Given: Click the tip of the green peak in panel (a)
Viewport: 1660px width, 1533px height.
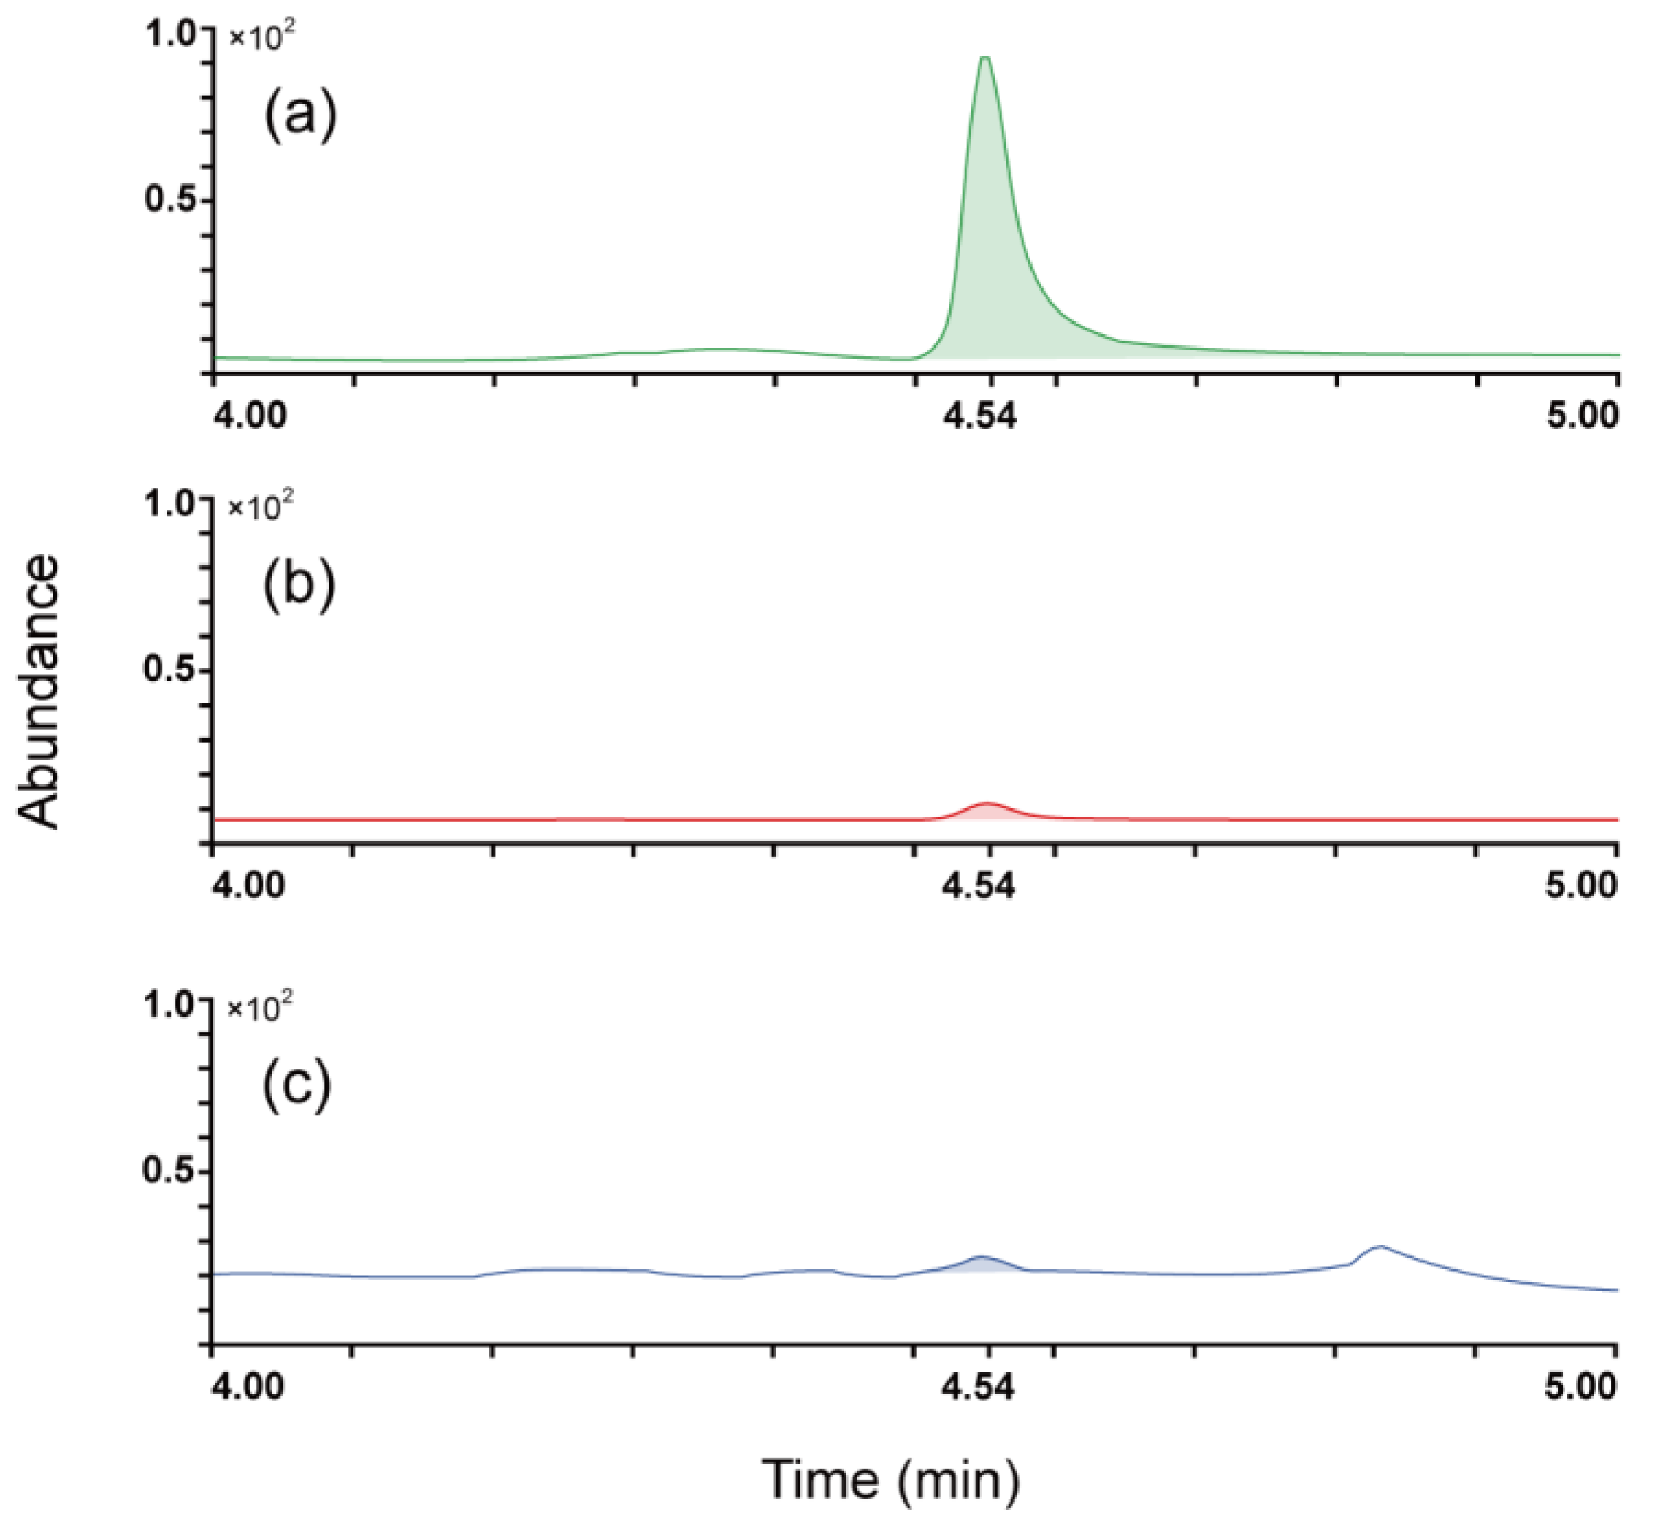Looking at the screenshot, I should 984,59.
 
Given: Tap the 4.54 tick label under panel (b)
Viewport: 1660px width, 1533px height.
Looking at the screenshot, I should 978,886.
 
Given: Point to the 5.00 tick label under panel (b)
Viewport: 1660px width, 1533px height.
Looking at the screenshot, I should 1581,886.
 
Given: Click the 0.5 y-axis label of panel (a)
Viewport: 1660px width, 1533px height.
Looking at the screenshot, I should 172,199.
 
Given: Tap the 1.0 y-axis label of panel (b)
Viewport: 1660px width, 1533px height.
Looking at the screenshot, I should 170,503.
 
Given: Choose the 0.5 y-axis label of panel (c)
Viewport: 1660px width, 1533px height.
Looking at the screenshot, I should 169,1171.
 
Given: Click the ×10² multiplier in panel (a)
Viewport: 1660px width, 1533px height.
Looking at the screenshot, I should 262,37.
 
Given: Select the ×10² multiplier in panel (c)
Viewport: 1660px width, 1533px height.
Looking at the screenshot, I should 261,1008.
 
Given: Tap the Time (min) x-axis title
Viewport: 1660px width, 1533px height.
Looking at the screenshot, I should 890,1478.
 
